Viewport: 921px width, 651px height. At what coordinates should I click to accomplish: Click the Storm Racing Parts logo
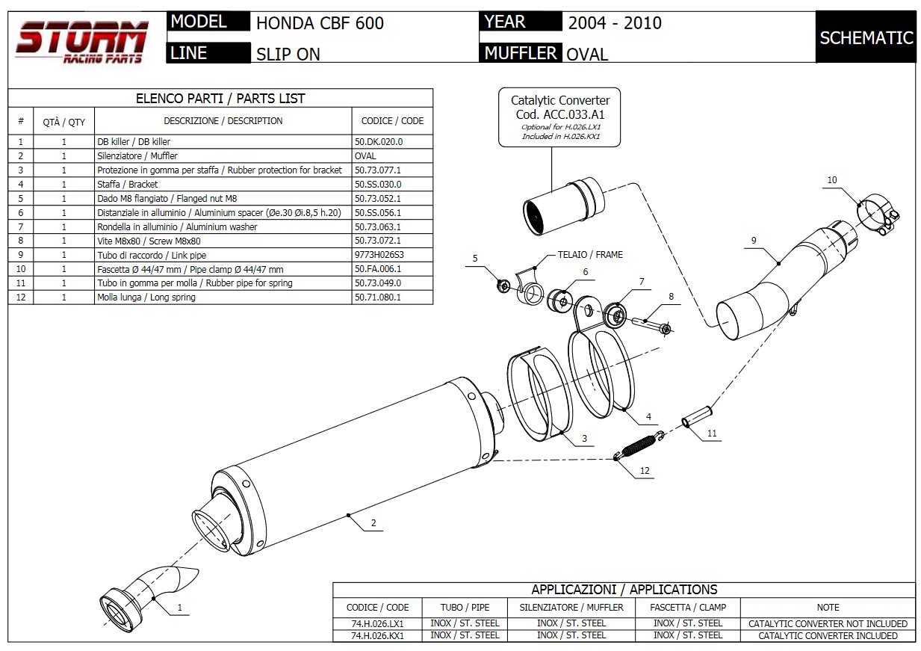pyautogui.click(x=81, y=42)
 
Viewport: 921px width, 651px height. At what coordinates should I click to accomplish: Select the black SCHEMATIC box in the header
pyautogui.click(x=866, y=37)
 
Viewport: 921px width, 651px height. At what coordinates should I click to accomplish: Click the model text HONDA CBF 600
pyautogui.click(x=320, y=23)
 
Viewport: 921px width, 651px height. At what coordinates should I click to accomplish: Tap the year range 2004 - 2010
pyautogui.click(x=615, y=23)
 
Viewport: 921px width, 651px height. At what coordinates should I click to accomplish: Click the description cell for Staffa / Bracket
pyautogui.click(x=223, y=184)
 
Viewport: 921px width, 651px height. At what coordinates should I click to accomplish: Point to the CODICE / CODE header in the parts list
pyautogui.click(x=392, y=121)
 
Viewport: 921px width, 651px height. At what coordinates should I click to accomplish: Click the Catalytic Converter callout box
pyautogui.click(x=559, y=117)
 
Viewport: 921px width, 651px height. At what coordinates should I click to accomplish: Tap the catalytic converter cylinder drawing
pyautogui.click(x=564, y=206)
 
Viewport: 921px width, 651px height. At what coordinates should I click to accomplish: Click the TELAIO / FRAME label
pyautogui.click(x=590, y=255)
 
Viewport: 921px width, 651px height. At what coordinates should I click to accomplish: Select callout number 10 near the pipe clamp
pyautogui.click(x=832, y=180)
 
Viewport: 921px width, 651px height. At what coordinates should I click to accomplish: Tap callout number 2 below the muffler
pyautogui.click(x=373, y=522)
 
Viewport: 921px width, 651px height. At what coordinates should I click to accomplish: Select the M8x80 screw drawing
pyautogui.click(x=652, y=324)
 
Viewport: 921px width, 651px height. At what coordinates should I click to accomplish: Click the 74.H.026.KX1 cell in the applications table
pyautogui.click(x=377, y=635)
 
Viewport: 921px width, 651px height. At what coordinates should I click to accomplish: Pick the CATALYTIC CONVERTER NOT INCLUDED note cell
pyautogui.click(x=828, y=624)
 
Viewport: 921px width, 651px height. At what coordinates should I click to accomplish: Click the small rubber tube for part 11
pyautogui.click(x=697, y=416)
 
